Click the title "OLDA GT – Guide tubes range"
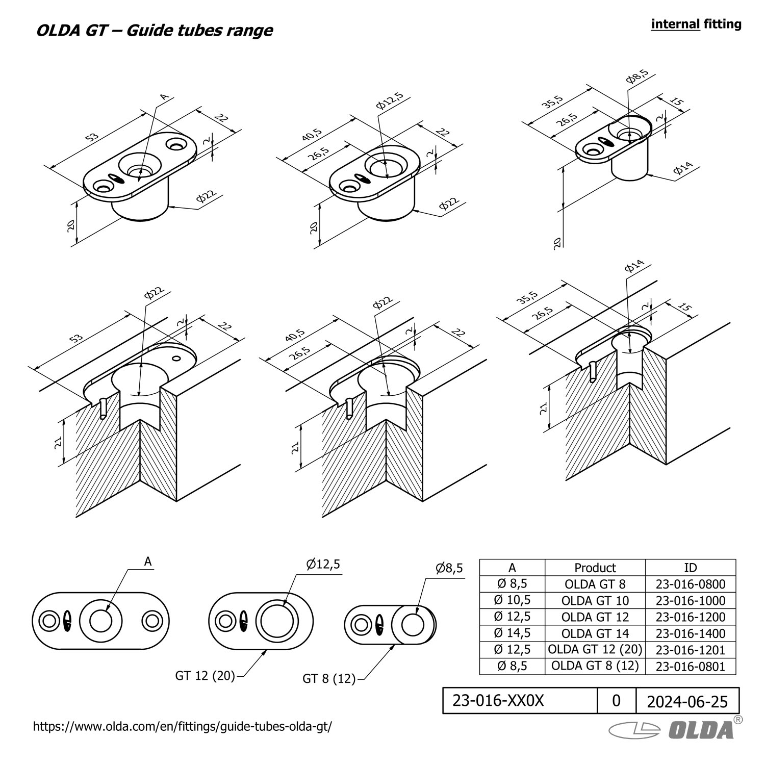click(154, 31)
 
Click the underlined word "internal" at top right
click(675, 24)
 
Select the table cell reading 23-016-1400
click(690, 633)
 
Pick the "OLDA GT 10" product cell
click(595, 600)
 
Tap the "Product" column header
click(595, 568)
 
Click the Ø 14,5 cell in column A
click(512, 633)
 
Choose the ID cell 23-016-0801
click(690, 666)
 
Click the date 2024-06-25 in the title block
click(687, 702)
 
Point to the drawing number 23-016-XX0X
click(498, 701)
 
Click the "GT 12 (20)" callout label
click(205, 676)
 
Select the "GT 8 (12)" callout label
click(329, 679)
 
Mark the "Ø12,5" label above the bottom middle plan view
click(323, 565)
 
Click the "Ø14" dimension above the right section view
click(634, 267)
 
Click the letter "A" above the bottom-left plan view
click(148, 562)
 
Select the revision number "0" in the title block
click(616, 701)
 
